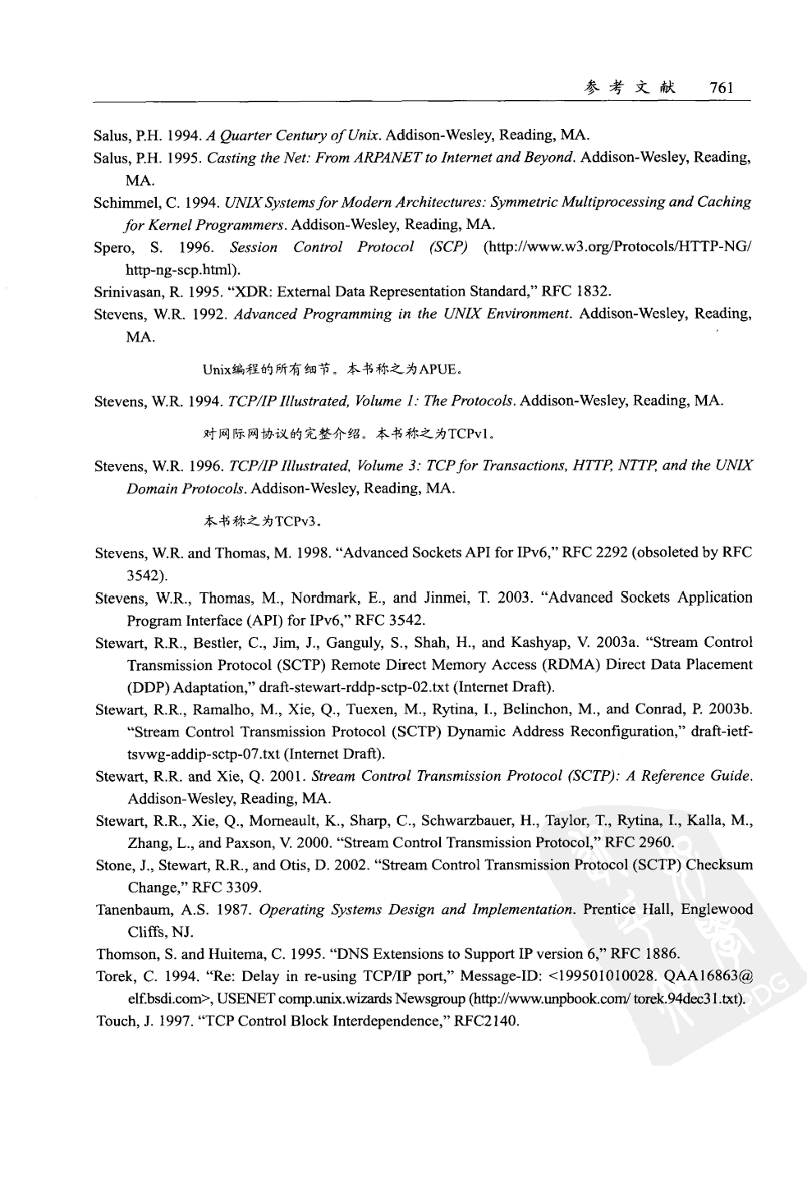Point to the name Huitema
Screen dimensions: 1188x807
234,954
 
